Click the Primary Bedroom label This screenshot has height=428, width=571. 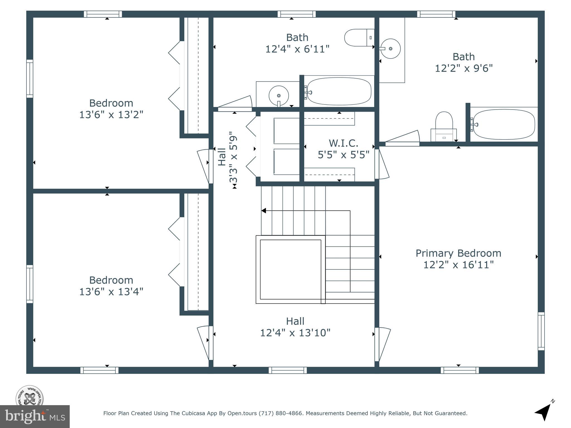458,253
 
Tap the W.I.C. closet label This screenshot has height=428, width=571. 343,143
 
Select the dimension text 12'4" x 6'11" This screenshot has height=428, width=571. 297,49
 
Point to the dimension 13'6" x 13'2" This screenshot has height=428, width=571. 111,115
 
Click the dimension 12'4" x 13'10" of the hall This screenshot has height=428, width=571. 295,333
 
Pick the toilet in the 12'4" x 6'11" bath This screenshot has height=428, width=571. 359,38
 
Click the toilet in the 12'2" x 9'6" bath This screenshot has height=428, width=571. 444,127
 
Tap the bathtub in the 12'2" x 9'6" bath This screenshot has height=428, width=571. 504,124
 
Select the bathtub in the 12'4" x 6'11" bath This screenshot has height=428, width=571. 339,91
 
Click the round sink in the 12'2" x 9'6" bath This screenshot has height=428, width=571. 391,49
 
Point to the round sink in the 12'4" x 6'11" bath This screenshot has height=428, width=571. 279,96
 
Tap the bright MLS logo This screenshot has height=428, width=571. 35,417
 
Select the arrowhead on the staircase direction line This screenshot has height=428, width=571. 263,211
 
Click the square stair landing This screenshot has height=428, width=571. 291,269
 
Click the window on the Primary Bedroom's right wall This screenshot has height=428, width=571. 541,331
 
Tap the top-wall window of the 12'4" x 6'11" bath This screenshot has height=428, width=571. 297,14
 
